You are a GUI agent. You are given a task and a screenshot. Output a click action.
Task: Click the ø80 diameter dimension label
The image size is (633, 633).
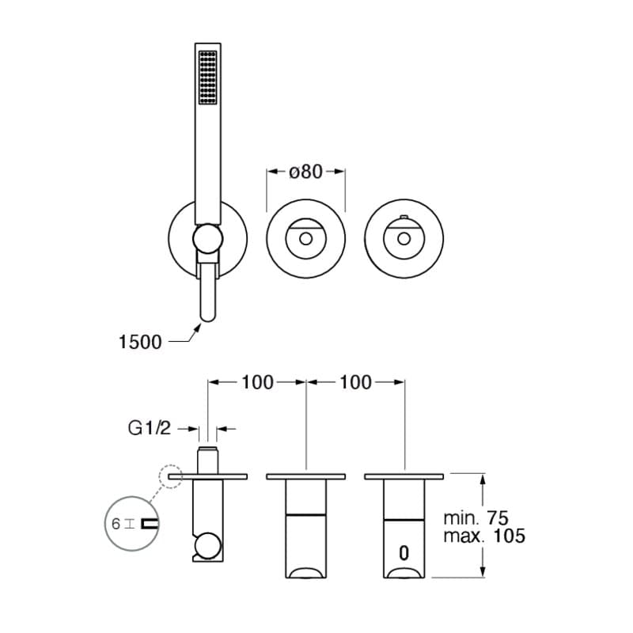coord(305,172)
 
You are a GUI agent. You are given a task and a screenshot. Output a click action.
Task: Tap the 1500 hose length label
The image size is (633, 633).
coord(140,342)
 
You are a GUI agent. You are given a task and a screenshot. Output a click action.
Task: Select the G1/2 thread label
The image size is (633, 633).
coord(150,428)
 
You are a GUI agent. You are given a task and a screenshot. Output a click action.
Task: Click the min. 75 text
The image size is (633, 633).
coord(476,517)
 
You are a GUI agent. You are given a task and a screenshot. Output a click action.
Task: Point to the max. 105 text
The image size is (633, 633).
coord(484,536)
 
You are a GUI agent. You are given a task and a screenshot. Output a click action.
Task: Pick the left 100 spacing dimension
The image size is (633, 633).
coord(257,382)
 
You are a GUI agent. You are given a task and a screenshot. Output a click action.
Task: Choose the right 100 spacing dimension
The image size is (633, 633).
coord(355,382)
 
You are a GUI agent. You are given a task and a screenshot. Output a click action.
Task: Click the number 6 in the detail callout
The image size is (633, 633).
coord(116,524)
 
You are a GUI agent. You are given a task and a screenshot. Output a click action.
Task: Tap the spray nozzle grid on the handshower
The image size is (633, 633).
coord(208,77)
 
